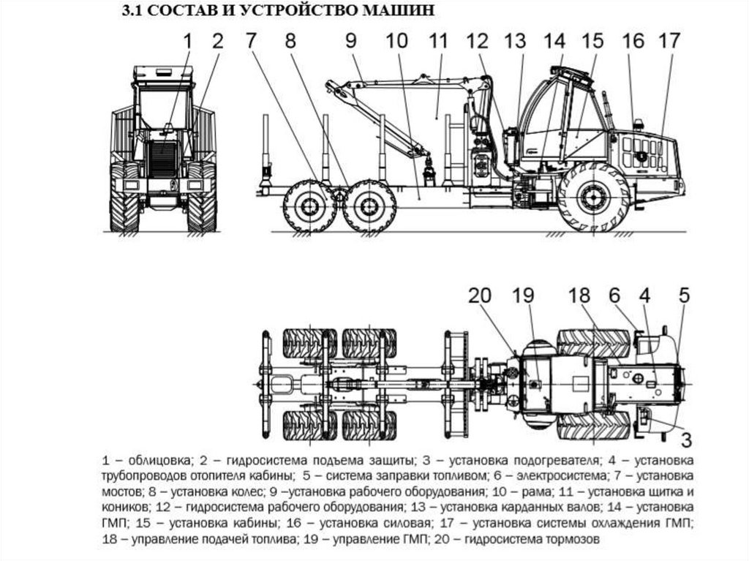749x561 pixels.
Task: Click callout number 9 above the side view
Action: pos(350,42)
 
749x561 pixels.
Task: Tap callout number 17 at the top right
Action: pos(669,41)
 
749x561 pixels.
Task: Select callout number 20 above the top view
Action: pos(481,296)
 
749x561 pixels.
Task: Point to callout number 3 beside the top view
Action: pos(686,439)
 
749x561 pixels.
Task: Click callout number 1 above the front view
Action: pos(187,41)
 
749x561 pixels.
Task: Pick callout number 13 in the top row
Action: pos(514,41)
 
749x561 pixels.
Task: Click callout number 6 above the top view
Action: pos(615,296)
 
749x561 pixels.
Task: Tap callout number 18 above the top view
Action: pos(579,296)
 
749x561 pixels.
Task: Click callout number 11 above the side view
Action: pos(438,42)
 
